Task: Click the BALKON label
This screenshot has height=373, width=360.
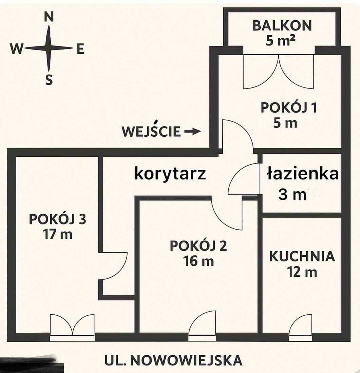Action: click(x=282, y=25)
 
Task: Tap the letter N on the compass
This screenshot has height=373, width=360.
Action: click(x=49, y=17)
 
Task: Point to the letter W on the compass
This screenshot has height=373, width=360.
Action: click(x=17, y=50)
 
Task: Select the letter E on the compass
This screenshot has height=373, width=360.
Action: click(x=80, y=50)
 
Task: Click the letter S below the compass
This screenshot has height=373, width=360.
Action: click(x=49, y=80)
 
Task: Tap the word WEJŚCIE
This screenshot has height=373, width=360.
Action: click(x=151, y=131)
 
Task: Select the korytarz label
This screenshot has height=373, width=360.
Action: click(x=170, y=174)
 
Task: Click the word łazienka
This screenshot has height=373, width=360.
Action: click(x=302, y=174)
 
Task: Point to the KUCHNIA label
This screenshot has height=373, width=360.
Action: click(x=302, y=257)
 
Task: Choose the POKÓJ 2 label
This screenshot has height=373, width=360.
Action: click(x=198, y=246)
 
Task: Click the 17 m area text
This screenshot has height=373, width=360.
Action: click(x=57, y=234)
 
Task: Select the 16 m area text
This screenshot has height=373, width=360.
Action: click(x=198, y=261)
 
